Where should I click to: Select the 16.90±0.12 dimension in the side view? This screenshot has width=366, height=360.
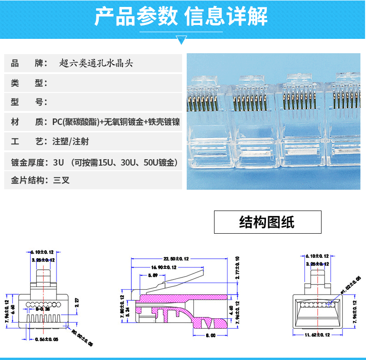(x=164, y=267)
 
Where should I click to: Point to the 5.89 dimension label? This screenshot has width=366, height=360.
(x=152, y=275)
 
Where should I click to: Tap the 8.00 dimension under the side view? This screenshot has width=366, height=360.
(x=211, y=335)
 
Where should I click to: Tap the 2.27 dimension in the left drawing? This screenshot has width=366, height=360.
(x=77, y=302)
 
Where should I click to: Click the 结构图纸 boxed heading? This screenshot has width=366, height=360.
(x=267, y=222)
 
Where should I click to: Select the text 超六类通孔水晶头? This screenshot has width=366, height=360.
(x=96, y=63)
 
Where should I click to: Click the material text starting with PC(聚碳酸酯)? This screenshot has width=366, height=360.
(x=116, y=122)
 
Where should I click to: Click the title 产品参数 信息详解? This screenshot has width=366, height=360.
(x=181, y=17)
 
